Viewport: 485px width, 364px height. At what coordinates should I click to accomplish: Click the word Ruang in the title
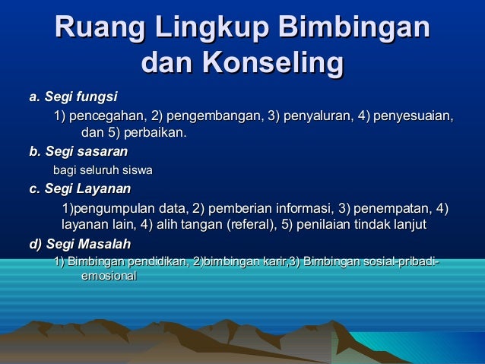click(x=100, y=30)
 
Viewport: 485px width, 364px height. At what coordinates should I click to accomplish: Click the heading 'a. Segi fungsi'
click(x=73, y=97)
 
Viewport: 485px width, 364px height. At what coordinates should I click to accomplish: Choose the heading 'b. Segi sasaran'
click(x=78, y=152)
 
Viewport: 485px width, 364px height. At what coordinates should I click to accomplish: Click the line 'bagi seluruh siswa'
click(x=102, y=169)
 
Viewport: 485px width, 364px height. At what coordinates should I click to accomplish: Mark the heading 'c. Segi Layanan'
click(x=80, y=188)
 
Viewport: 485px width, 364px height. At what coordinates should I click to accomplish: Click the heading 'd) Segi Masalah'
click(x=80, y=244)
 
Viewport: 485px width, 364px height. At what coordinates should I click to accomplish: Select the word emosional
click(x=109, y=277)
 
